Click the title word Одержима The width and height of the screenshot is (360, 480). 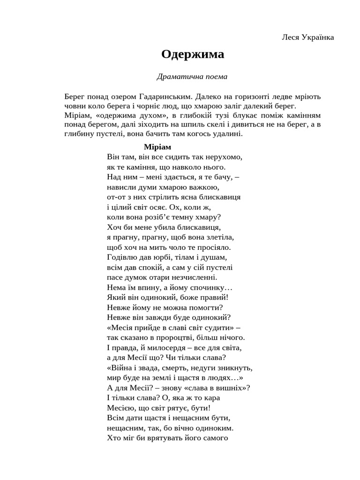pos(193,55)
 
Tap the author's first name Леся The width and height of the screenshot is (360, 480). pos(292,37)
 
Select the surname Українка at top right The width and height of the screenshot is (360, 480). pos(319,37)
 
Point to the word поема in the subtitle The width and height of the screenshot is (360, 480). pos(215,76)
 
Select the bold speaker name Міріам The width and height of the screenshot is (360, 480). pos(157,147)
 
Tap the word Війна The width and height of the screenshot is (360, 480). pos(122,368)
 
